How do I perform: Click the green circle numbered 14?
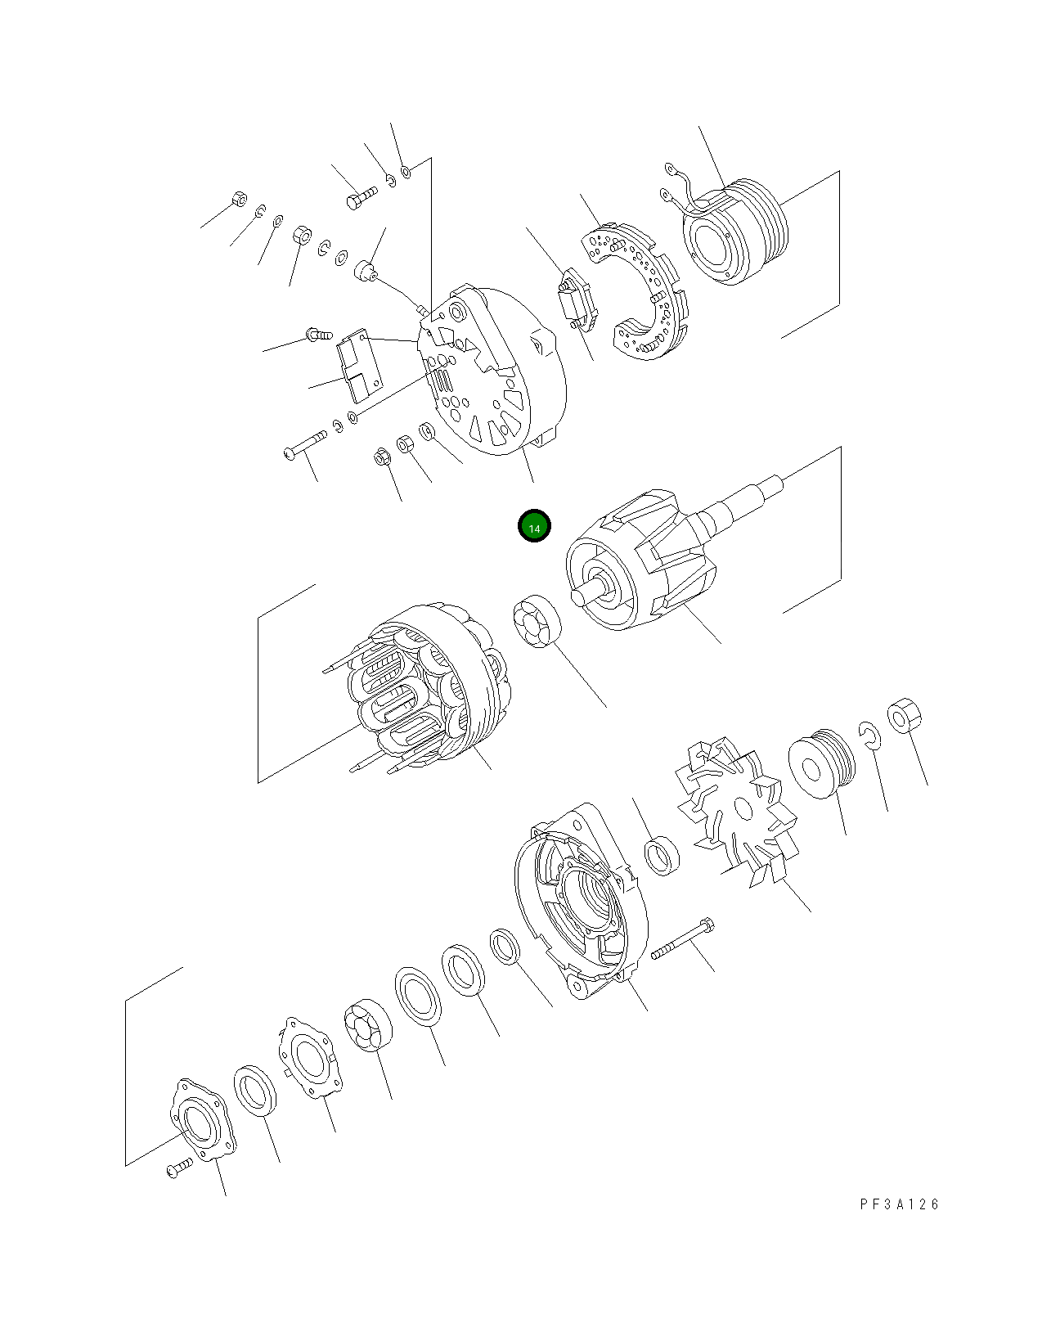tap(534, 527)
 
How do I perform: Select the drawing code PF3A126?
tap(899, 1204)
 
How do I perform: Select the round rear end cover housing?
tap(491, 372)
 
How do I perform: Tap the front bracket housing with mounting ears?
tap(581, 900)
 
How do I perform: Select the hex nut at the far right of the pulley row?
tap(904, 716)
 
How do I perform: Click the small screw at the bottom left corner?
tap(178, 1168)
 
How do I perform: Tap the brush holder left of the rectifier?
tap(576, 299)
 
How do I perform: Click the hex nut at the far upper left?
tap(239, 198)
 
